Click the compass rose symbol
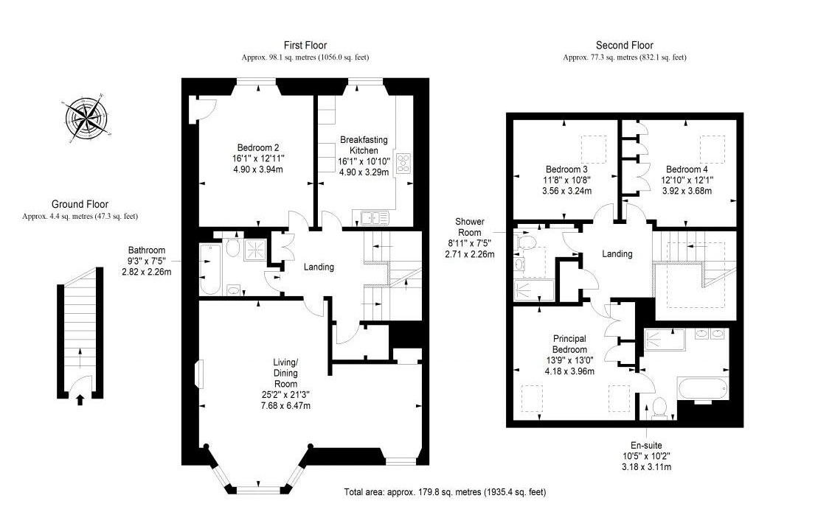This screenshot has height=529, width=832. (x=87, y=118)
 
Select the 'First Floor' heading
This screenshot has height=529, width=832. (x=305, y=46)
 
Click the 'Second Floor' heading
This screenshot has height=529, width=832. (x=624, y=46)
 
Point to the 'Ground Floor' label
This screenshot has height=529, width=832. (x=80, y=205)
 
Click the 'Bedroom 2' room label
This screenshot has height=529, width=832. (x=258, y=147)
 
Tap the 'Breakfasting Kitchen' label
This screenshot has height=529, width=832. (x=359, y=144)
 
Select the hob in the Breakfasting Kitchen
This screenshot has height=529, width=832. (x=404, y=163)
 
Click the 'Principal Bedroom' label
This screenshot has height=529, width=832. (x=569, y=344)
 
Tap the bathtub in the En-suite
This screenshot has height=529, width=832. (x=704, y=388)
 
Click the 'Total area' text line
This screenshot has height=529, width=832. (x=445, y=491)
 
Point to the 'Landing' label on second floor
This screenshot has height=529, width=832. (x=617, y=254)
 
